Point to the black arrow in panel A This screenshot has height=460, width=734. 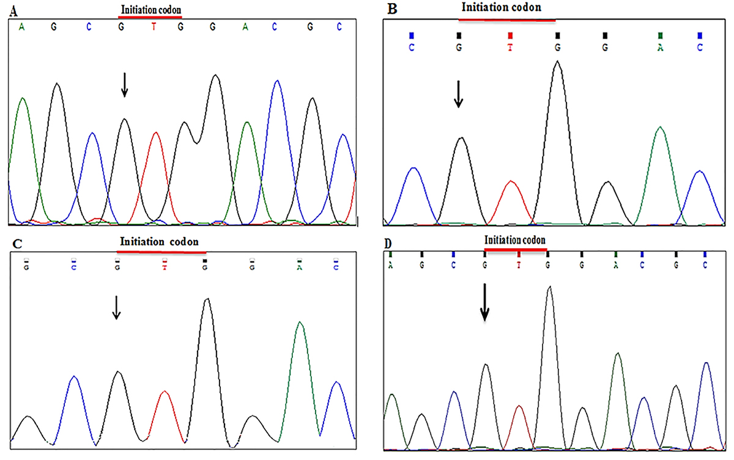(124, 84)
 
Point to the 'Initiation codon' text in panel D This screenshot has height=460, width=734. (514, 240)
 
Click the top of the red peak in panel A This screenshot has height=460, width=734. (156, 133)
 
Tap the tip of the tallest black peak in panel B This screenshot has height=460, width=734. (557, 61)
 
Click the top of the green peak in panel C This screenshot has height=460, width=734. (300, 322)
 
